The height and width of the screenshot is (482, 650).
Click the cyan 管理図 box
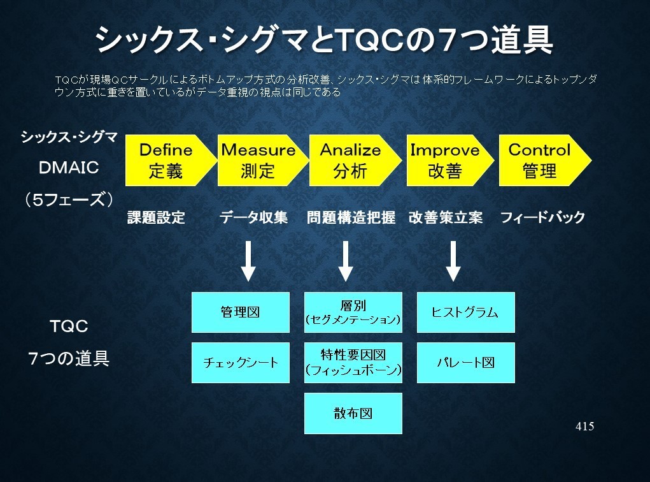pyautogui.click(x=241, y=312)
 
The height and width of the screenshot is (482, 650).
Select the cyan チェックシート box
pyautogui.click(x=241, y=362)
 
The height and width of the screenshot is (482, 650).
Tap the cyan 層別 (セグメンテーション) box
pyautogui.click(x=353, y=312)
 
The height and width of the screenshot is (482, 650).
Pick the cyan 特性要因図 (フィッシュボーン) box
pyautogui.click(x=353, y=362)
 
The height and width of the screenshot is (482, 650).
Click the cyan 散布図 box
pyautogui.click(x=353, y=414)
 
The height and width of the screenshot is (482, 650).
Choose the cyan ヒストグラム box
pyautogui.click(x=466, y=312)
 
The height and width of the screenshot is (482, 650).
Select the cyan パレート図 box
pyautogui.click(x=466, y=362)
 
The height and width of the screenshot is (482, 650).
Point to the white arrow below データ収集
pyautogui.click(x=248, y=261)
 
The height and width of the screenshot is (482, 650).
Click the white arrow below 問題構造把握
pyautogui.click(x=346, y=261)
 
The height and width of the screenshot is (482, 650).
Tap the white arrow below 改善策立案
pyautogui.click(x=453, y=261)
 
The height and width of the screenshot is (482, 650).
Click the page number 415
pyautogui.click(x=585, y=427)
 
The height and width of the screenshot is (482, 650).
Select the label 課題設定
pyautogui.click(x=156, y=217)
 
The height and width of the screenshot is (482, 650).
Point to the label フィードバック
pyautogui.click(x=542, y=217)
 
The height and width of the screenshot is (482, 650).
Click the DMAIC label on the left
pyautogui.click(x=69, y=168)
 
